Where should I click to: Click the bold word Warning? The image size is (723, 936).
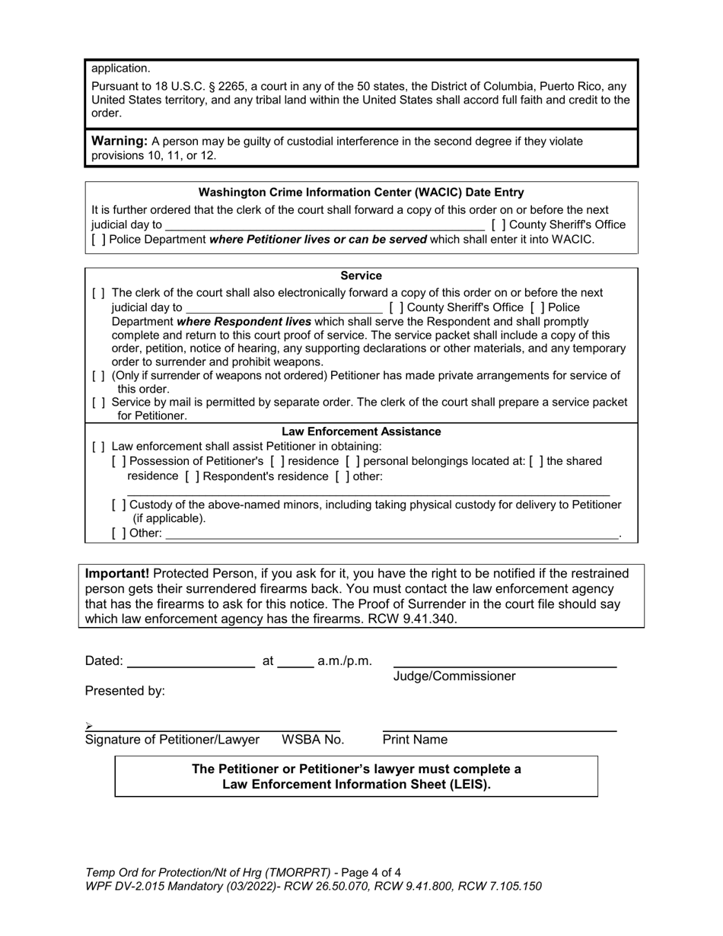pyautogui.click(x=119, y=141)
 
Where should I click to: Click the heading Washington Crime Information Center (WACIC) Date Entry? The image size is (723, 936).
pyautogui.click(x=361, y=193)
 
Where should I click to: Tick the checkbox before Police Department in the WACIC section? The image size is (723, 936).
pyautogui.click(x=98, y=240)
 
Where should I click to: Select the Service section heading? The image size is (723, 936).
pyautogui.click(x=361, y=275)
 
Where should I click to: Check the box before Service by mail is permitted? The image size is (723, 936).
pyautogui.click(x=98, y=403)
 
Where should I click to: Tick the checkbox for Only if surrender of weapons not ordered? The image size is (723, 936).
pyautogui.click(x=98, y=376)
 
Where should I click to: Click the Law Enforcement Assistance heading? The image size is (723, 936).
pyautogui.click(x=361, y=431)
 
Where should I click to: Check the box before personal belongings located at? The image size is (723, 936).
pyautogui.click(x=352, y=462)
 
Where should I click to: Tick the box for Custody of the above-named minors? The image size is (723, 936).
pyautogui.click(x=119, y=505)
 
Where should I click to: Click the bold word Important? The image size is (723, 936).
pyautogui.click(x=117, y=574)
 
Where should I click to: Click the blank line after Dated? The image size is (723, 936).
pyautogui.click(x=190, y=661)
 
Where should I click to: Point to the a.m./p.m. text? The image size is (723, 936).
pyautogui.click(x=345, y=661)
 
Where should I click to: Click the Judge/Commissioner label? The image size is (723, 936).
pyautogui.click(x=454, y=677)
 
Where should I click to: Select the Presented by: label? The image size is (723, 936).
pyautogui.click(x=125, y=691)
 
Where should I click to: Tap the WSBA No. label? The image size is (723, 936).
pyautogui.click(x=313, y=740)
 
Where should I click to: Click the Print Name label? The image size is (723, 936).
pyautogui.click(x=415, y=740)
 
